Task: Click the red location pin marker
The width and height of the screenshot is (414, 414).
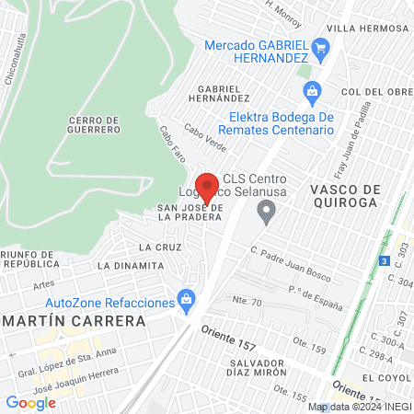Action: pos(208,188)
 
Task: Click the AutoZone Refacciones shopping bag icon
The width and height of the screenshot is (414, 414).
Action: pos(188,298)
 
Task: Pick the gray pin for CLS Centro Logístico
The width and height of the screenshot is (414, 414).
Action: pos(267,215)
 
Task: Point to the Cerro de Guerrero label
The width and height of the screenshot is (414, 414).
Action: pos(95,124)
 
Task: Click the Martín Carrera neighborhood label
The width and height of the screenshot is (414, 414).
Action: pos(75,321)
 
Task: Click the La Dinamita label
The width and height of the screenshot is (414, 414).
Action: pos(130,265)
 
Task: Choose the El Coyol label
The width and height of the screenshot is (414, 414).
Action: pos(386,377)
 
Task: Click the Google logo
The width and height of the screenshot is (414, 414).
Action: pos(30,402)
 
